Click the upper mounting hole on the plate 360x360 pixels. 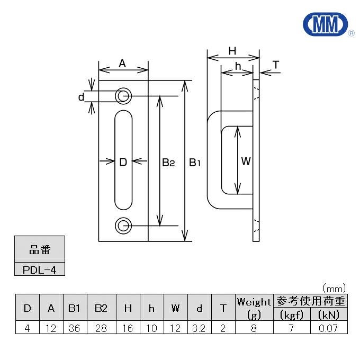[x=124, y=96]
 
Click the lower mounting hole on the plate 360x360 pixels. [x=124, y=226]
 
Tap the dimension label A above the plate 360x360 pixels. [x=122, y=64]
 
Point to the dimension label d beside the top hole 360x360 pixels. [x=81, y=97]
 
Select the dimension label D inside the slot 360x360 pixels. [x=123, y=163]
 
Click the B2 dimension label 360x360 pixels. [x=168, y=163]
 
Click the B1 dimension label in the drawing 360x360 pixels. [x=195, y=163]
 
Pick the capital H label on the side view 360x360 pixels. [x=232, y=51]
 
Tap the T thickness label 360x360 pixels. [x=275, y=65]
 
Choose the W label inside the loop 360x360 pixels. [x=246, y=161]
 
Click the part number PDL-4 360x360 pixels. [x=39, y=269]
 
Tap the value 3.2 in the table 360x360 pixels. [x=199, y=328]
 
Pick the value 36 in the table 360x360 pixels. [x=75, y=328]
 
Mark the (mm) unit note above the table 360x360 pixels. [x=334, y=288]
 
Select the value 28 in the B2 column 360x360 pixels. [x=101, y=328]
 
